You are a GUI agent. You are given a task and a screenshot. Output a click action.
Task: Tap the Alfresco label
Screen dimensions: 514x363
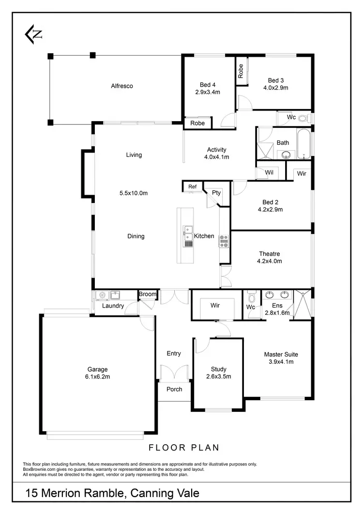tap(122, 86)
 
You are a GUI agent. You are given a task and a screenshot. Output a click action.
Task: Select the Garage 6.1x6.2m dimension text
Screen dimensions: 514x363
tap(97, 376)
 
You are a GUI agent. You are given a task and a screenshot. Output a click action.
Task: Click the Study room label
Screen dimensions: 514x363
tap(218, 369)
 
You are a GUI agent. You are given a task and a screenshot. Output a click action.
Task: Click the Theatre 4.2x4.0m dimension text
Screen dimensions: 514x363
tap(270, 261)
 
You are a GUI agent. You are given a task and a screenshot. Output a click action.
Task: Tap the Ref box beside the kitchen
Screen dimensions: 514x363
tap(192, 187)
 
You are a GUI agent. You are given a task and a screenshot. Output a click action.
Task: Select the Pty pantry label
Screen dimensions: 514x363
tap(216, 192)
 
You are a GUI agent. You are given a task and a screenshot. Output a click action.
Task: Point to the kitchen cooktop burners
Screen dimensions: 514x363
tap(224, 241)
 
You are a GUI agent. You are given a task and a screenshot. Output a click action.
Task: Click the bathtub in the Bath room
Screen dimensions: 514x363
tap(303, 144)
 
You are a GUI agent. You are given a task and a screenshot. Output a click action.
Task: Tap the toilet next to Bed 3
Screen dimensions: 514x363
tap(303, 118)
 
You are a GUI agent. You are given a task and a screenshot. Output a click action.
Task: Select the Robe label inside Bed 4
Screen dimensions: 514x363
tap(197, 123)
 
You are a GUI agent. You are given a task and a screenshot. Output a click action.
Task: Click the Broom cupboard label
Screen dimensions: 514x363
tap(148, 294)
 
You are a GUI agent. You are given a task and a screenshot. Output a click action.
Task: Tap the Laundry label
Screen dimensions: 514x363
tap(113, 306)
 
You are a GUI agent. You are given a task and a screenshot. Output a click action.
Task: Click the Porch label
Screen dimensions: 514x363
tap(174, 389)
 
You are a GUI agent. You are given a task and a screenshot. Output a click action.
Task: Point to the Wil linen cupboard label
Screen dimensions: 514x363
tap(269, 172)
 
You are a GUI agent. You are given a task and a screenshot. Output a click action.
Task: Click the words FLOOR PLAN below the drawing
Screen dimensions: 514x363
tap(184, 448)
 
